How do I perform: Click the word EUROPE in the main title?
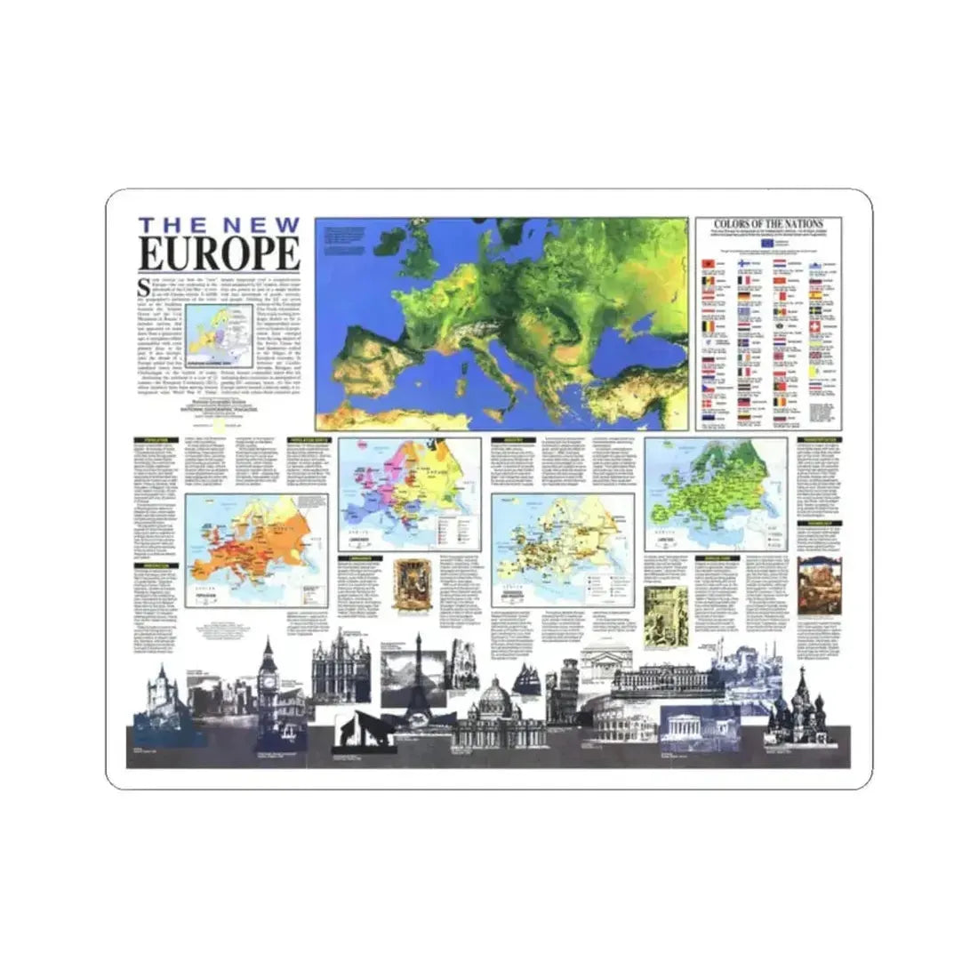click(x=219, y=253)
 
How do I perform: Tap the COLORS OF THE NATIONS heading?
click(x=768, y=224)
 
